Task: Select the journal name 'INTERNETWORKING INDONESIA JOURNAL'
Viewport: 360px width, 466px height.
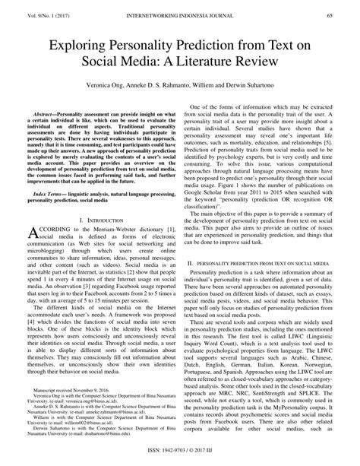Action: [180, 14]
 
